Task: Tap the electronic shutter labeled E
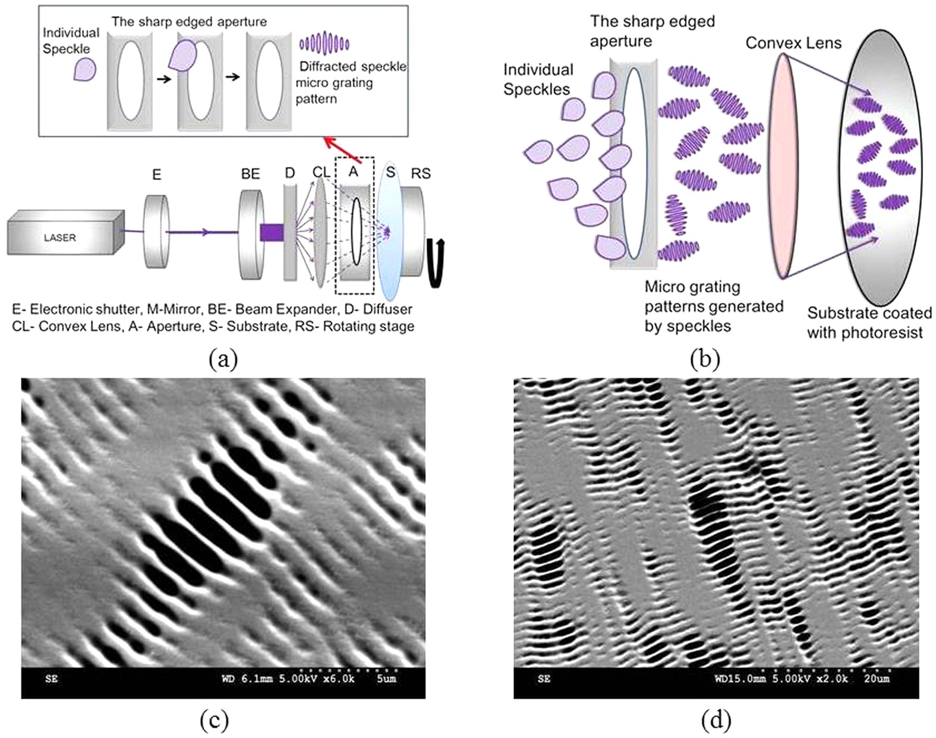point(156,232)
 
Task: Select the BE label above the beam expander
point(250,174)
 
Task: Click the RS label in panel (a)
point(421,174)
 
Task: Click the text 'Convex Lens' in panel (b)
point(793,43)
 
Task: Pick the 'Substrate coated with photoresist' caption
point(869,323)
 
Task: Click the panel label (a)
point(223,359)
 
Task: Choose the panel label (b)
point(705,359)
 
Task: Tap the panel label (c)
point(215,721)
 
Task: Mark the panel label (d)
point(716,721)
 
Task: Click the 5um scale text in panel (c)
point(386,678)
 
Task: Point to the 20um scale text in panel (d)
point(877,678)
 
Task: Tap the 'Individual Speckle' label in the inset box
point(70,40)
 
